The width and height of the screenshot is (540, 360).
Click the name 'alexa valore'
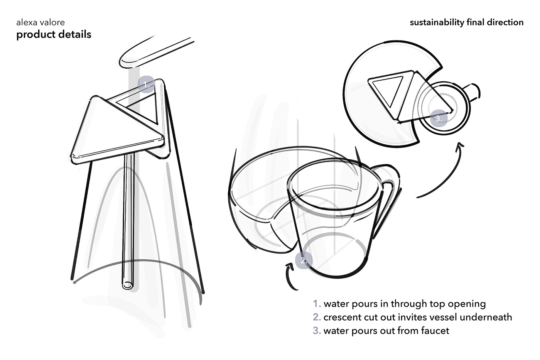coord(40,22)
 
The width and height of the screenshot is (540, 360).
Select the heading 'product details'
coord(54,34)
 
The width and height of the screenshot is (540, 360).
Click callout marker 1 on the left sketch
coord(146,85)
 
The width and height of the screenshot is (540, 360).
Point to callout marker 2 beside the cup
coord(304,260)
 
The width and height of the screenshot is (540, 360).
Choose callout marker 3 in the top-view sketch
coord(439,118)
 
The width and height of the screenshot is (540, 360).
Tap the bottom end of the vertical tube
coord(127,286)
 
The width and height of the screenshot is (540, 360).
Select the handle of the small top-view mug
coord(473,92)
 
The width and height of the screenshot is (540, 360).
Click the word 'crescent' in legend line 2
coord(343,317)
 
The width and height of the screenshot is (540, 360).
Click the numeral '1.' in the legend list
coord(317,304)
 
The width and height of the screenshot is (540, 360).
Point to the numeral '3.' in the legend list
coord(317,331)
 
